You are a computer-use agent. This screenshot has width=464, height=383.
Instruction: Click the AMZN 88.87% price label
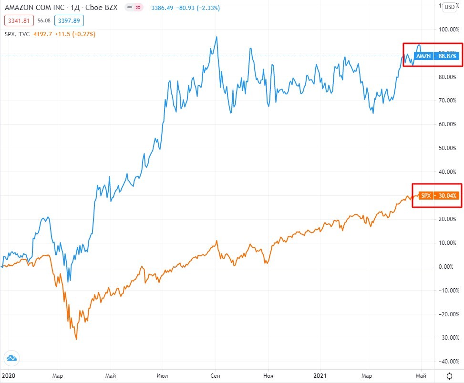tap(436, 56)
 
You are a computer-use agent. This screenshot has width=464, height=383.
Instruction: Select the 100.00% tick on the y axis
tap(448, 30)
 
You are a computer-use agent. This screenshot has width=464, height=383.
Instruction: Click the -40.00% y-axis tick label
tap(448, 361)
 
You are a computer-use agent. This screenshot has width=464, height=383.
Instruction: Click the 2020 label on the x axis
tap(8, 375)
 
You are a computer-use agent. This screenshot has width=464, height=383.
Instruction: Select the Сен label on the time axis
tap(216, 375)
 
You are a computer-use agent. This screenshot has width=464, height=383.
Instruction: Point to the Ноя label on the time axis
tap(268, 375)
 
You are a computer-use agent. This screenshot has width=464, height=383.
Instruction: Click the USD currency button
tap(449, 7)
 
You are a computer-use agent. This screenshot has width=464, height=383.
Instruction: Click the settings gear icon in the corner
tap(449, 375)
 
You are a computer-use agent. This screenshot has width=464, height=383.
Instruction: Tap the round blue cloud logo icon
tap(11, 359)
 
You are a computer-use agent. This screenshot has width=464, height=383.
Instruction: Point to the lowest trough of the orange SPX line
tap(76, 339)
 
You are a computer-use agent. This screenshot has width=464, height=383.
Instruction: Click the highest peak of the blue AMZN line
tap(217, 37)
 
